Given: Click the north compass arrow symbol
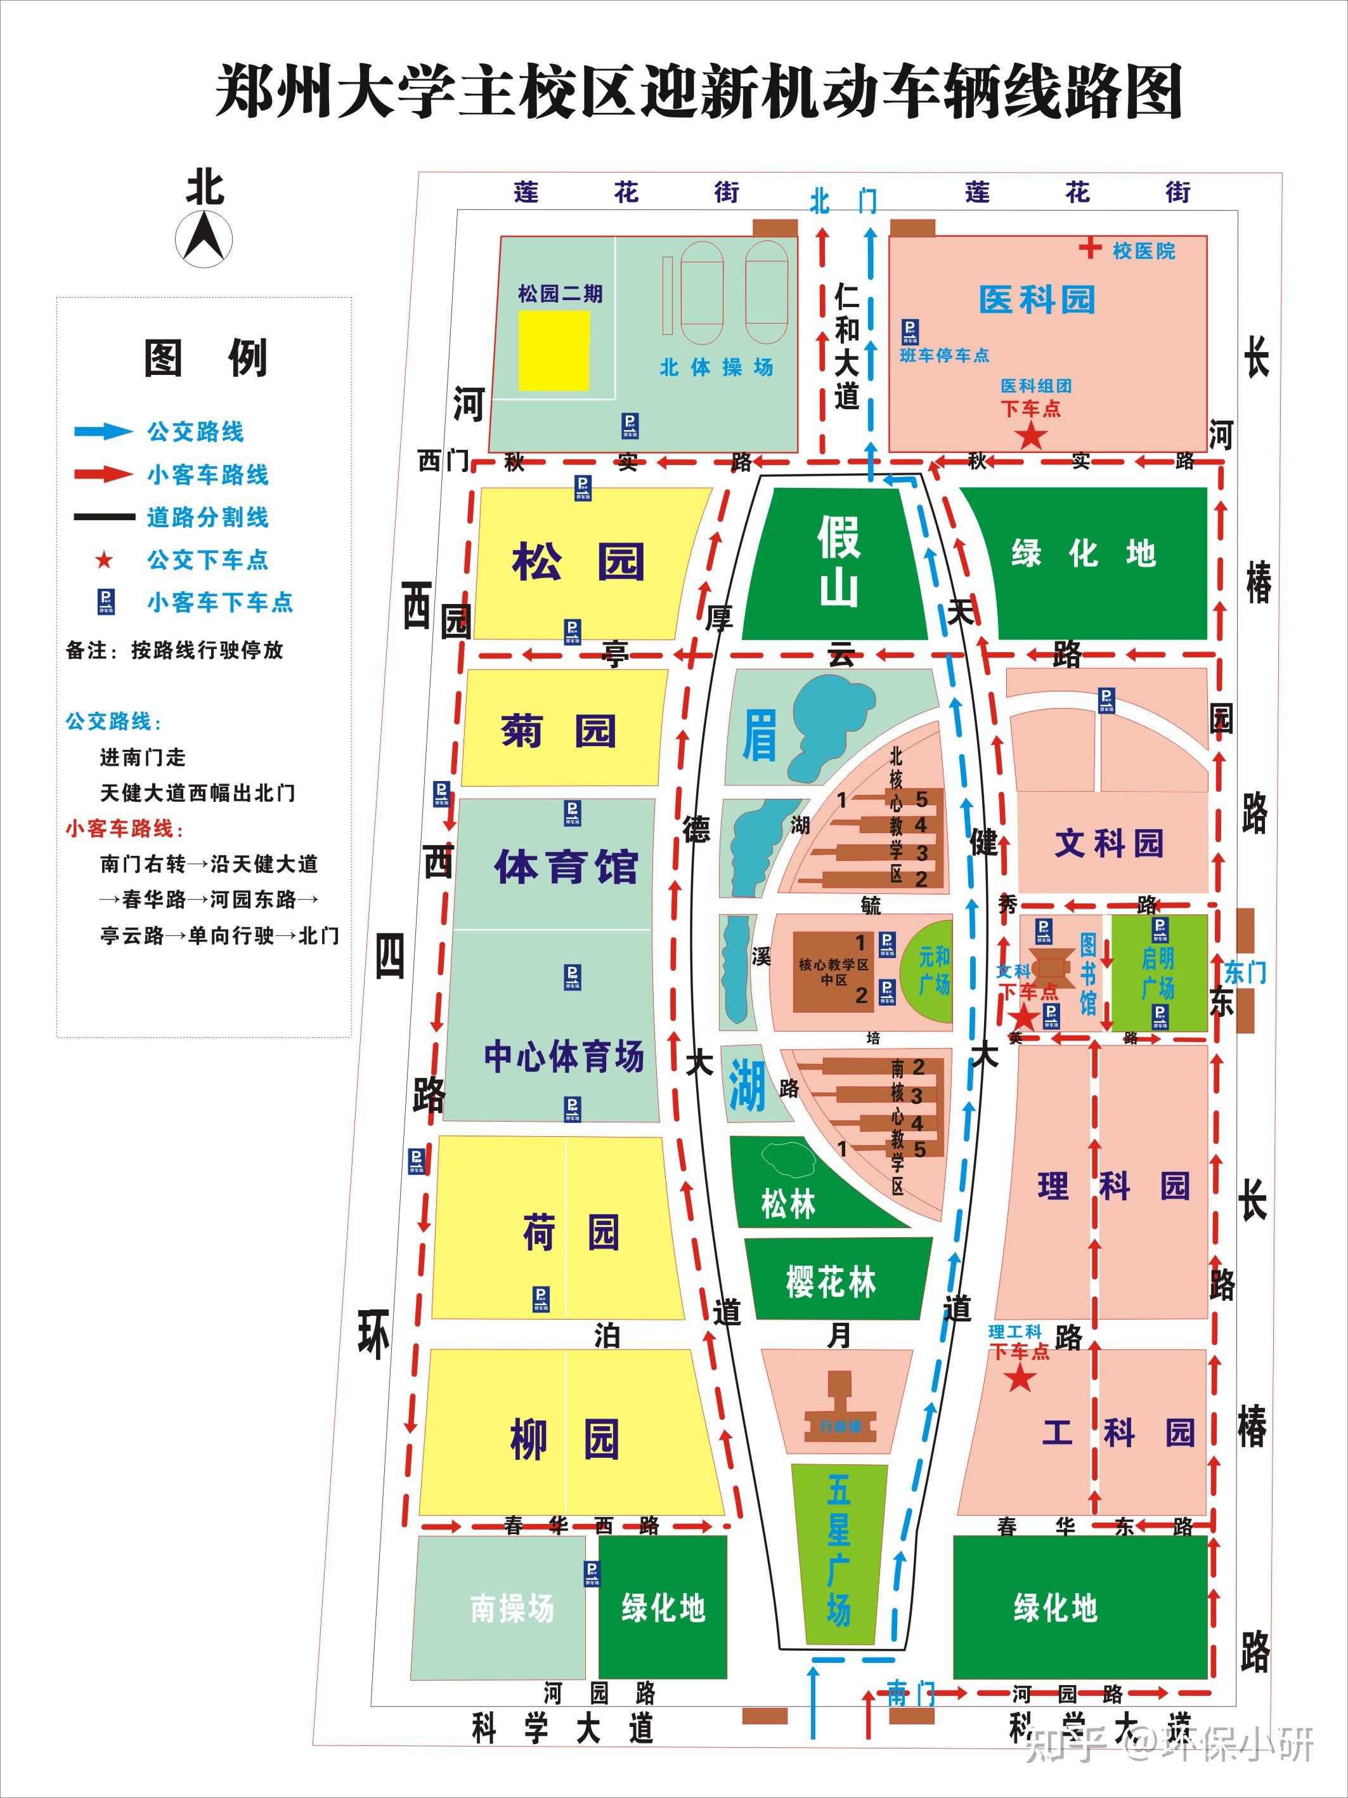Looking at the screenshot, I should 204,237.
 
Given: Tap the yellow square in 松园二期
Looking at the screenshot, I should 554,350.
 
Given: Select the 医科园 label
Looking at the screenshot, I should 1037,299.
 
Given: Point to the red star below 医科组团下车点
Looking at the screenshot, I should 1031,436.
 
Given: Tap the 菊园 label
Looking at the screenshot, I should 558,730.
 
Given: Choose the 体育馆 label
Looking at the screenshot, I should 566,867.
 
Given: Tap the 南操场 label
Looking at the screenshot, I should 512,1608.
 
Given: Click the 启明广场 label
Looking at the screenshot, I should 1158,973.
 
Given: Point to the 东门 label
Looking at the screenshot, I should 1244,972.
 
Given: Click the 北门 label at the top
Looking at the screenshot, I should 843,200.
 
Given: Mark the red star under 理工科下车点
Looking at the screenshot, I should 1021,1379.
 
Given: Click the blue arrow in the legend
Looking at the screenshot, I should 104,431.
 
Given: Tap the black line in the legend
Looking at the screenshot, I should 104,517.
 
